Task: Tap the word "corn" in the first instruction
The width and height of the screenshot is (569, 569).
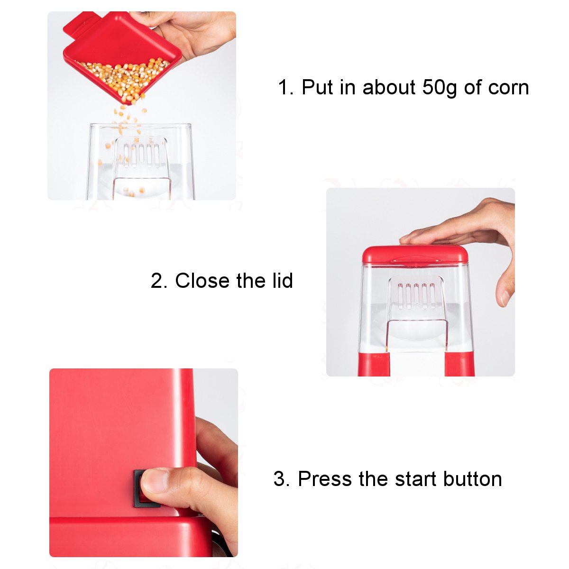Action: [508, 88]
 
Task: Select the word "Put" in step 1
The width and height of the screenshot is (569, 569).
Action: [317, 87]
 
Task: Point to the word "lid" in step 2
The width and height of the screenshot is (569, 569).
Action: [283, 280]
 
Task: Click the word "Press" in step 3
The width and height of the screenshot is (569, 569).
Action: [325, 478]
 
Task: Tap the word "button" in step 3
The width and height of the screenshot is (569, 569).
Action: [472, 478]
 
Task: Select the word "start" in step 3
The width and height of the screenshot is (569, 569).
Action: [415, 479]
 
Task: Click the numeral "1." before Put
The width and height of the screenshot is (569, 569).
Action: [286, 87]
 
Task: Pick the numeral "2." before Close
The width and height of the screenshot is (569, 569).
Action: [159, 281]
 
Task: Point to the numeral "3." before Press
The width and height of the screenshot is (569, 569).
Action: [282, 478]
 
